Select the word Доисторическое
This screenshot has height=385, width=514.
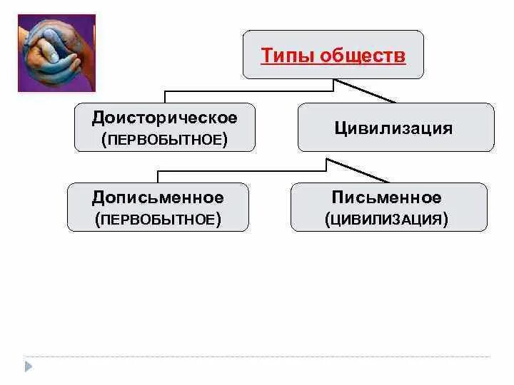click(x=164, y=116)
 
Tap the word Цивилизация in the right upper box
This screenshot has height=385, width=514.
click(x=393, y=128)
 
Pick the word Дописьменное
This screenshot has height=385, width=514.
click(x=158, y=197)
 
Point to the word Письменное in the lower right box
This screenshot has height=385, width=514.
click(x=386, y=197)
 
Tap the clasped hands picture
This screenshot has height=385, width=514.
click(x=56, y=53)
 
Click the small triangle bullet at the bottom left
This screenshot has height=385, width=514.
click(x=29, y=366)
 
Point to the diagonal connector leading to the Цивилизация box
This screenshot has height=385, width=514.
click(x=366, y=91)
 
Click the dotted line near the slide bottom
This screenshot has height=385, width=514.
click(x=257, y=356)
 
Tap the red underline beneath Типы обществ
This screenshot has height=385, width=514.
click(x=333, y=64)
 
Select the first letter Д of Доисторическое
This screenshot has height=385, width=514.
click(x=97, y=116)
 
